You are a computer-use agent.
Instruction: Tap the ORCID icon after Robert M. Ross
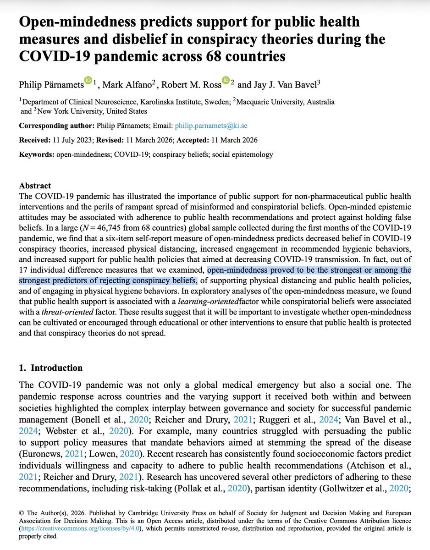click(x=226, y=81)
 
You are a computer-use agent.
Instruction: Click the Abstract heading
click(x=35, y=186)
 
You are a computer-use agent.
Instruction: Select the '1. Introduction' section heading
click(x=51, y=368)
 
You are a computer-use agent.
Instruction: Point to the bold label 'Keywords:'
click(x=36, y=154)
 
